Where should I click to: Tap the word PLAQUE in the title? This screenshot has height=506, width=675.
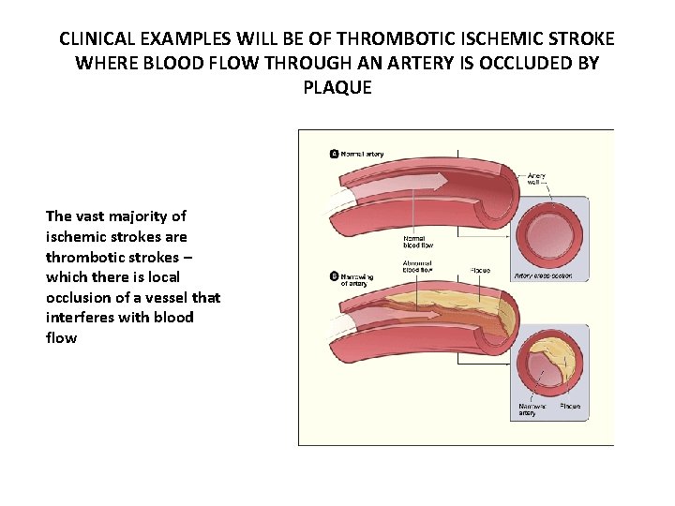pyautogui.click(x=337, y=88)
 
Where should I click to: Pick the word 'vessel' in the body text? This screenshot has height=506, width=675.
pyautogui.click(x=161, y=297)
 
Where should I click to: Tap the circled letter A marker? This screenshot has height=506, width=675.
pyautogui.click(x=334, y=154)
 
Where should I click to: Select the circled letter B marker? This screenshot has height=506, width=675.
pyautogui.click(x=334, y=275)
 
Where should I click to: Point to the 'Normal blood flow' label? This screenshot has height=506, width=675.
pyautogui.click(x=417, y=242)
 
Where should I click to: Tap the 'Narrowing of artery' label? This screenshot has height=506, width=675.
pyautogui.click(x=357, y=279)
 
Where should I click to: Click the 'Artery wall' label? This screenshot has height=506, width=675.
pyautogui.click(x=537, y=179)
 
